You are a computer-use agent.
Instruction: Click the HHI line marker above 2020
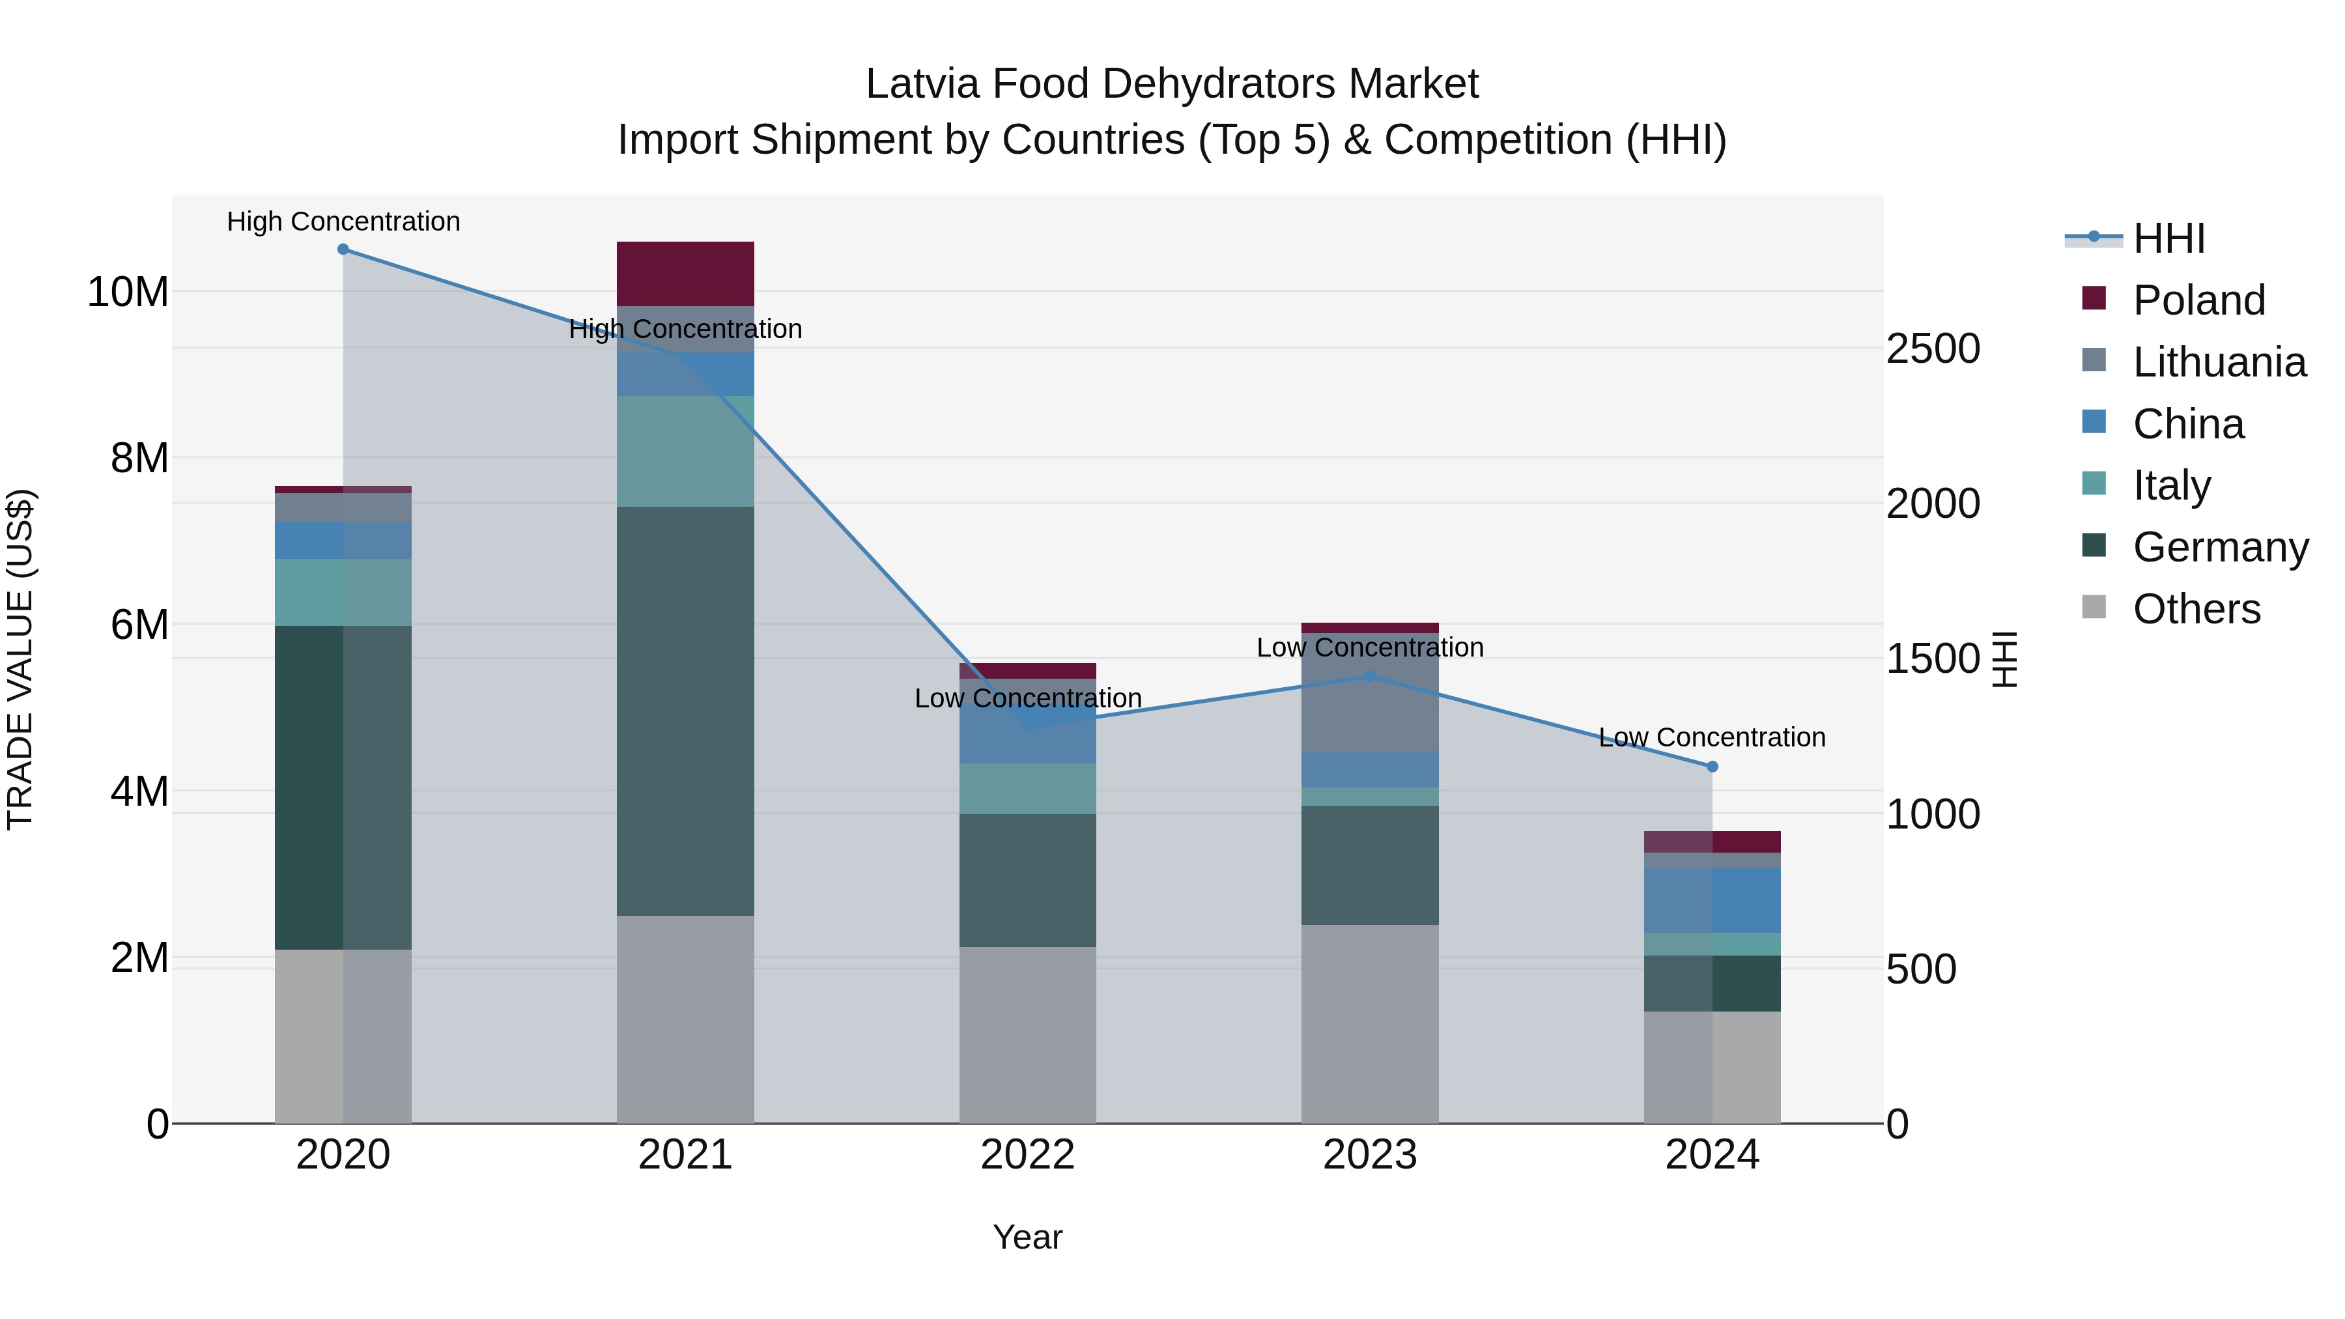coord(343,249)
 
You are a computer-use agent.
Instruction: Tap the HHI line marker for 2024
coord(1713,767)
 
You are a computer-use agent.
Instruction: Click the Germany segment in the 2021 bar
coord(685,710)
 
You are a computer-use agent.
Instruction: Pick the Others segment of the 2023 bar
coord(1370,1024)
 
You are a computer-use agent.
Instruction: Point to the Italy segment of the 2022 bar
coord(1028,788)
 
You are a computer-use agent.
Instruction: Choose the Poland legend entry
coord(2198,300)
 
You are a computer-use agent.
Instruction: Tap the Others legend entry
coord(2196,609)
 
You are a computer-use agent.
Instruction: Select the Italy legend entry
coord(2171,485)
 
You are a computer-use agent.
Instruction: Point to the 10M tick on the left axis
coord(128,292)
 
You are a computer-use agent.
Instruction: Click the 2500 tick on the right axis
coord(1933,348)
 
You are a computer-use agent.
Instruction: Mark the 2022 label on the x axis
coord(1028,1155)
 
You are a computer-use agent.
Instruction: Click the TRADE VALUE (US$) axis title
coord(20,659)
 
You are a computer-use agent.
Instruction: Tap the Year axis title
coord(1028,1237)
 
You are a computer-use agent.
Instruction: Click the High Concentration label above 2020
coord(343,221)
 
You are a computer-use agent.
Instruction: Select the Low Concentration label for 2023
coord(1370,647)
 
